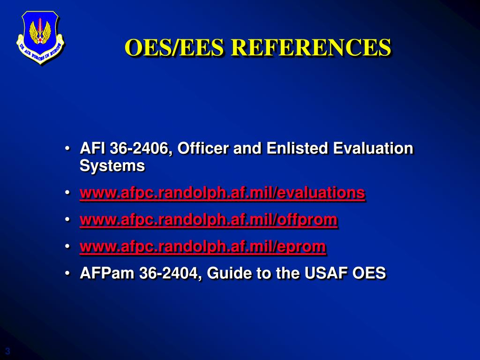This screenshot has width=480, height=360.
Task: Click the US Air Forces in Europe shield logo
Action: coord(40,37)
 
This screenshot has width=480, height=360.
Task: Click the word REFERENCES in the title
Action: coord(311,47)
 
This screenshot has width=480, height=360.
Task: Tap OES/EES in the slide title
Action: coord(174,47)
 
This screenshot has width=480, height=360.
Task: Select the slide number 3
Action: coord(7,351)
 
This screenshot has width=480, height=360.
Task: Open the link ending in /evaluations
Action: coord(223,193)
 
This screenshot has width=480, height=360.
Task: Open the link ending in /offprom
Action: coord(209,220)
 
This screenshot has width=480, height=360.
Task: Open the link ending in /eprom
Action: coord(202,247)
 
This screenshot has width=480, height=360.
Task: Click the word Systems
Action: coord(112,166)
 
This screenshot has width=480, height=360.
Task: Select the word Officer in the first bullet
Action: coord(203,148)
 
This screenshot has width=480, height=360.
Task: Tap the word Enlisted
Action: coord(298,148)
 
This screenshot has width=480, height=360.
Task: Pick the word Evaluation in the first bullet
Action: coord(373,148)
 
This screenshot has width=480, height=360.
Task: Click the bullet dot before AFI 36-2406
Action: coord(67,149)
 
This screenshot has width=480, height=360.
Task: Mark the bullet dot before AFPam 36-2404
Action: coord(67,273)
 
